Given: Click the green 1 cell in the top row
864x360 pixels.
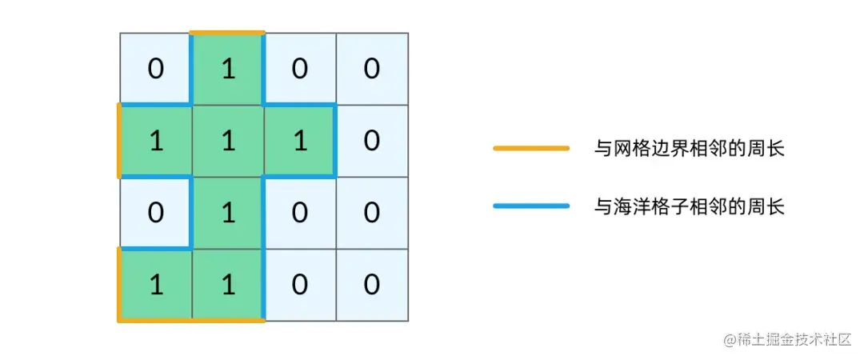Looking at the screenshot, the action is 228,69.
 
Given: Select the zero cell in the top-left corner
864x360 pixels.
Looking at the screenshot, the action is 156,69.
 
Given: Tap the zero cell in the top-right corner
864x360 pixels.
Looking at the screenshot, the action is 372,69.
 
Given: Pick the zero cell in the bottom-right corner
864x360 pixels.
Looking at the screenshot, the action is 372,285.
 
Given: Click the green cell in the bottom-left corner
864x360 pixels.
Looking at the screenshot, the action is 156,285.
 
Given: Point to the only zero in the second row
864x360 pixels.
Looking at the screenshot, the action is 372,141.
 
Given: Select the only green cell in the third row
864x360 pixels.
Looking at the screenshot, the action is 228,213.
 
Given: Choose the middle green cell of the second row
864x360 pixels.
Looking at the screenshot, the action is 228,141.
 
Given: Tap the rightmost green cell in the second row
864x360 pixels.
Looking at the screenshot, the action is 300,141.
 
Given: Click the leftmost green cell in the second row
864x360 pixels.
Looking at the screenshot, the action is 156,141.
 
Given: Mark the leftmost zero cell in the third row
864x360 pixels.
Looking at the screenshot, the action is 156,213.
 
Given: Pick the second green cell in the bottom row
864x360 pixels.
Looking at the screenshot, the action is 228,285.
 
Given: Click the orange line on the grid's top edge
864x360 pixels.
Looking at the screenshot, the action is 228,33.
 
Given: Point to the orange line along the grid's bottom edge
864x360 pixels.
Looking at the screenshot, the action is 191,320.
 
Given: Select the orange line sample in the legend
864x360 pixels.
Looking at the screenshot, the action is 531,148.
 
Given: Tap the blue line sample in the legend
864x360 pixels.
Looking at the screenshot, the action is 531,206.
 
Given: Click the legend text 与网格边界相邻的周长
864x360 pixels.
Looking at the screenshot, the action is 689,148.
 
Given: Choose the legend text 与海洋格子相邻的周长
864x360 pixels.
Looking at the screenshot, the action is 689,206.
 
